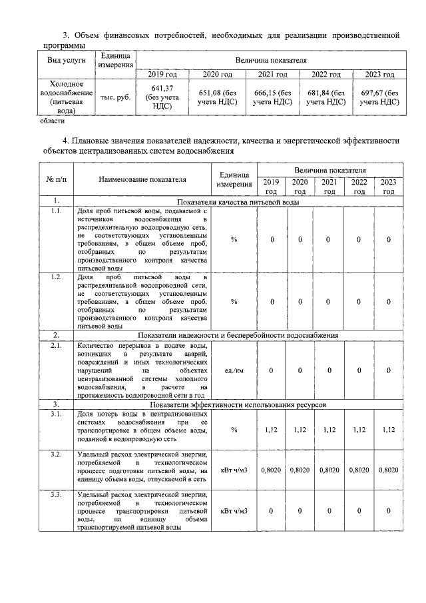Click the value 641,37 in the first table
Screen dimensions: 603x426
162,88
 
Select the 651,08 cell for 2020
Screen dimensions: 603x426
218,93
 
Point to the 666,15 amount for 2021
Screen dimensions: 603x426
272,93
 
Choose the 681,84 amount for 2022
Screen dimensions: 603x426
325,93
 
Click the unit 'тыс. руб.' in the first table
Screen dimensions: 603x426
115,97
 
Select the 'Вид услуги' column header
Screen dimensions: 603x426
65,60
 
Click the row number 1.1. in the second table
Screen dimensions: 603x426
57,211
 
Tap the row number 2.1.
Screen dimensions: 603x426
57,345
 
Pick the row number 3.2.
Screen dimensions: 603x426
57,454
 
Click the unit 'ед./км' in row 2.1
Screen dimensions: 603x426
234,370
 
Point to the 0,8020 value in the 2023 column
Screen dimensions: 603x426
388,470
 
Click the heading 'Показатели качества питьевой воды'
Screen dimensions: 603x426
238,202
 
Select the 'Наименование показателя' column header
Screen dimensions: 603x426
142,179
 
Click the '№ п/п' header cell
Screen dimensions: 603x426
57,179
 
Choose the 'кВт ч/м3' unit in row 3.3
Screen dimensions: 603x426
234,510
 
